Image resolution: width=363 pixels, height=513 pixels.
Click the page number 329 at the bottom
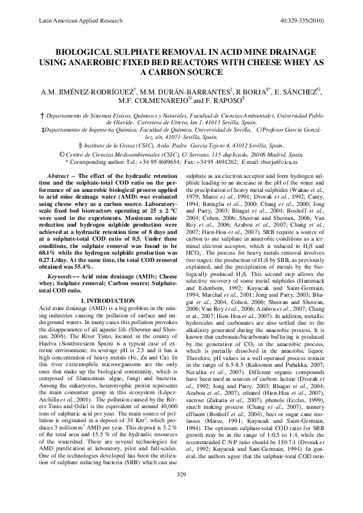tap(181, 491)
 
